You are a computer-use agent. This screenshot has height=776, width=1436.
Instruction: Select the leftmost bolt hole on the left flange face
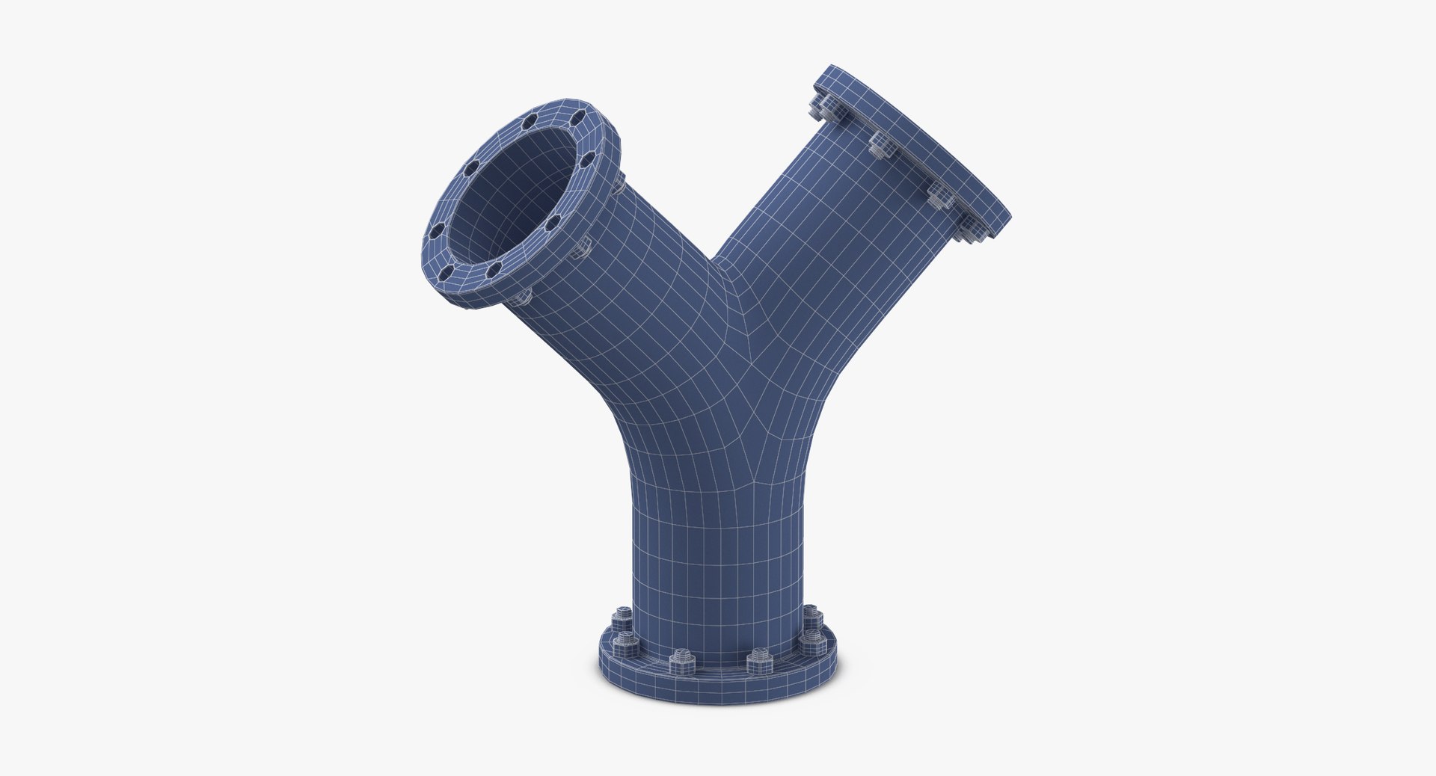[437, 230]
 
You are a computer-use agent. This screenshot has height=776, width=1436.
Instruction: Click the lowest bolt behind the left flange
[523, 296]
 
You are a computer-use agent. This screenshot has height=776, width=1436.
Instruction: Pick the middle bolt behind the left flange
[581, 247]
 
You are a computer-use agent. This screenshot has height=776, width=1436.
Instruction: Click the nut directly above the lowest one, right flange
[939, 197]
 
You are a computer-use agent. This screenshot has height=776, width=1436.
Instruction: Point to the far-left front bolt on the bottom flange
[625, 644]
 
